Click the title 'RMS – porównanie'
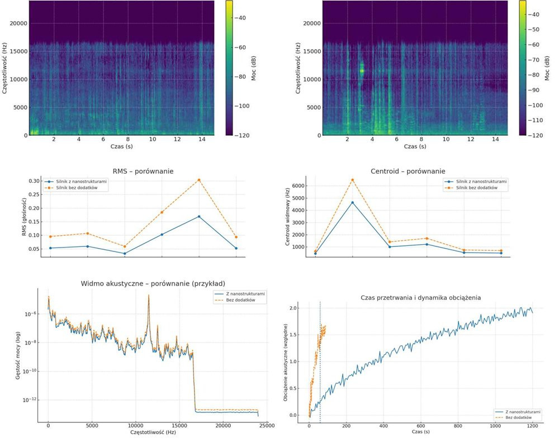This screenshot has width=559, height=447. pos(144,172)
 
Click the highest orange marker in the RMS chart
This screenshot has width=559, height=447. pos(199,180)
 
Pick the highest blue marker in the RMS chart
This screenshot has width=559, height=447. pos(199,216)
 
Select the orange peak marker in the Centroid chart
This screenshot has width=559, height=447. pos(352,180)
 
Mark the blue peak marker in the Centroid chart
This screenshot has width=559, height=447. pos(352,202)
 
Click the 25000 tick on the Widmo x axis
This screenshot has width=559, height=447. pos(267,426)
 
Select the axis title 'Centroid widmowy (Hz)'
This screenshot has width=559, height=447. pos(286,215)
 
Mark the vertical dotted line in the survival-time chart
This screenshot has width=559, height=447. pos(320,363)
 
